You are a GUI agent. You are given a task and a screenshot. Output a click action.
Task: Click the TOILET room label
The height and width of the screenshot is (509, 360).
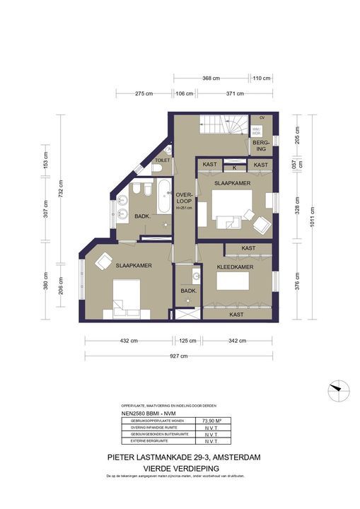tap(162, 160)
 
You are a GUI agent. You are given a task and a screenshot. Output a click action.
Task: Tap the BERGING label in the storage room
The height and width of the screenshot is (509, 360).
tap(261, 146)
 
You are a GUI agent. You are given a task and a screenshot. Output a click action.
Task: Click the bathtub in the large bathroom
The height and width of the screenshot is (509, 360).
tap(163, 195)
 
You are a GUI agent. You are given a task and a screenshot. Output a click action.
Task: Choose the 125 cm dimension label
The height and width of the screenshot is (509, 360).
tap(187, 341)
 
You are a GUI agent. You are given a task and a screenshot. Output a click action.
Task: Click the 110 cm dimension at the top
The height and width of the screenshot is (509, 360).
tap(261, 78)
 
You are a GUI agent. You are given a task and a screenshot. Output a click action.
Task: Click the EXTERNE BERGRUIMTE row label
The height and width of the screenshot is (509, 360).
tap(148, 440)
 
